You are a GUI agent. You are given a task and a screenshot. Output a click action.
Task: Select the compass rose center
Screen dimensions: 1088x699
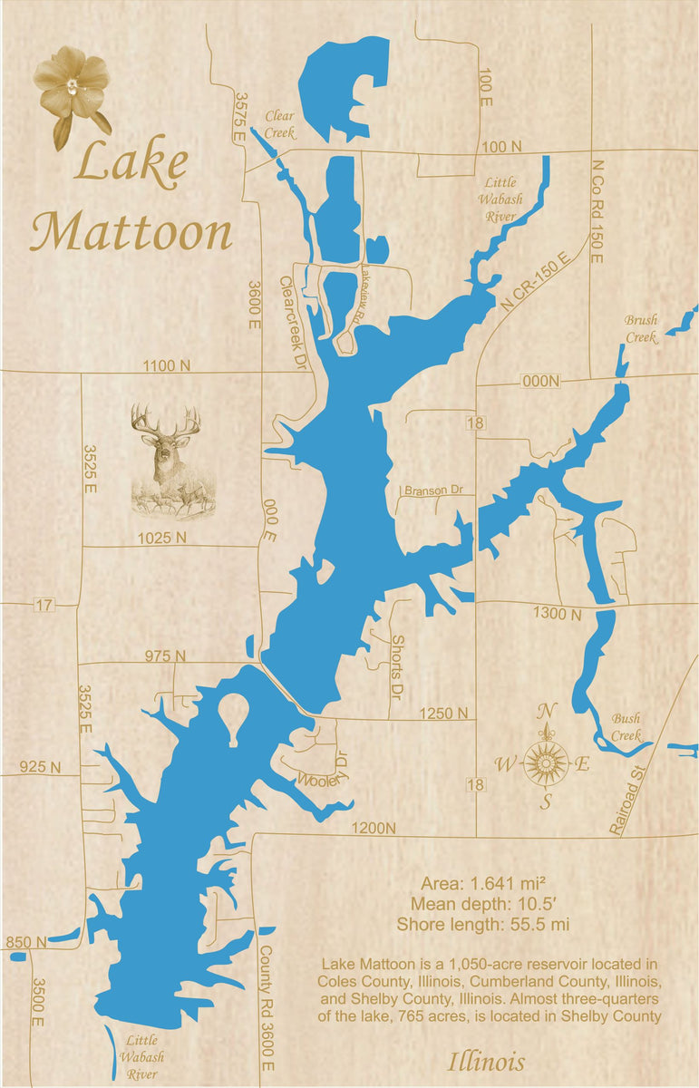pyautogui.click(x=546, y=763)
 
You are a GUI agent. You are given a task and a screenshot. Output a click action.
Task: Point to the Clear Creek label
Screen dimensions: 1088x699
pyautogui.click(x=280, y=124)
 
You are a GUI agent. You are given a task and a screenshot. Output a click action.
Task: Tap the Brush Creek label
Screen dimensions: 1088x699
pyautogui.click(x=641, y=328)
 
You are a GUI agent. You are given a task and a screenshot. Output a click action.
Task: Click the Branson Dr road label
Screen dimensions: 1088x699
pyautogui.click(x=433, y=491)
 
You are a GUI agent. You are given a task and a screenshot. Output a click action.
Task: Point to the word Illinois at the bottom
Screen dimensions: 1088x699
pyautogui.click(x=486, y=1062)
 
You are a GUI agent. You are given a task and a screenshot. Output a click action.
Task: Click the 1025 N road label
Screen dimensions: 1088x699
pyautogui.click(x=162, y=538)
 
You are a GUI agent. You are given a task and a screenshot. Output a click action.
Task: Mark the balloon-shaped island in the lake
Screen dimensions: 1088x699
pyautogui.click(x=233, y=714)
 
